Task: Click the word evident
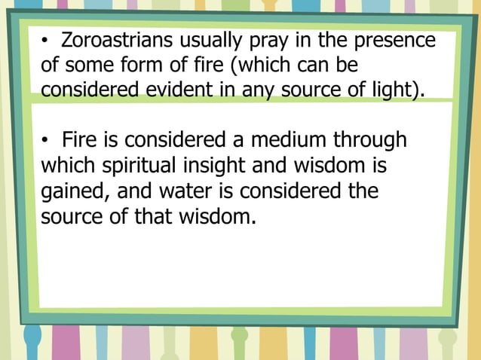[x=202, y=91]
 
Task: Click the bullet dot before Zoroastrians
[x=45, y=41]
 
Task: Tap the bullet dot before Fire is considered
[x=45, y=141]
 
